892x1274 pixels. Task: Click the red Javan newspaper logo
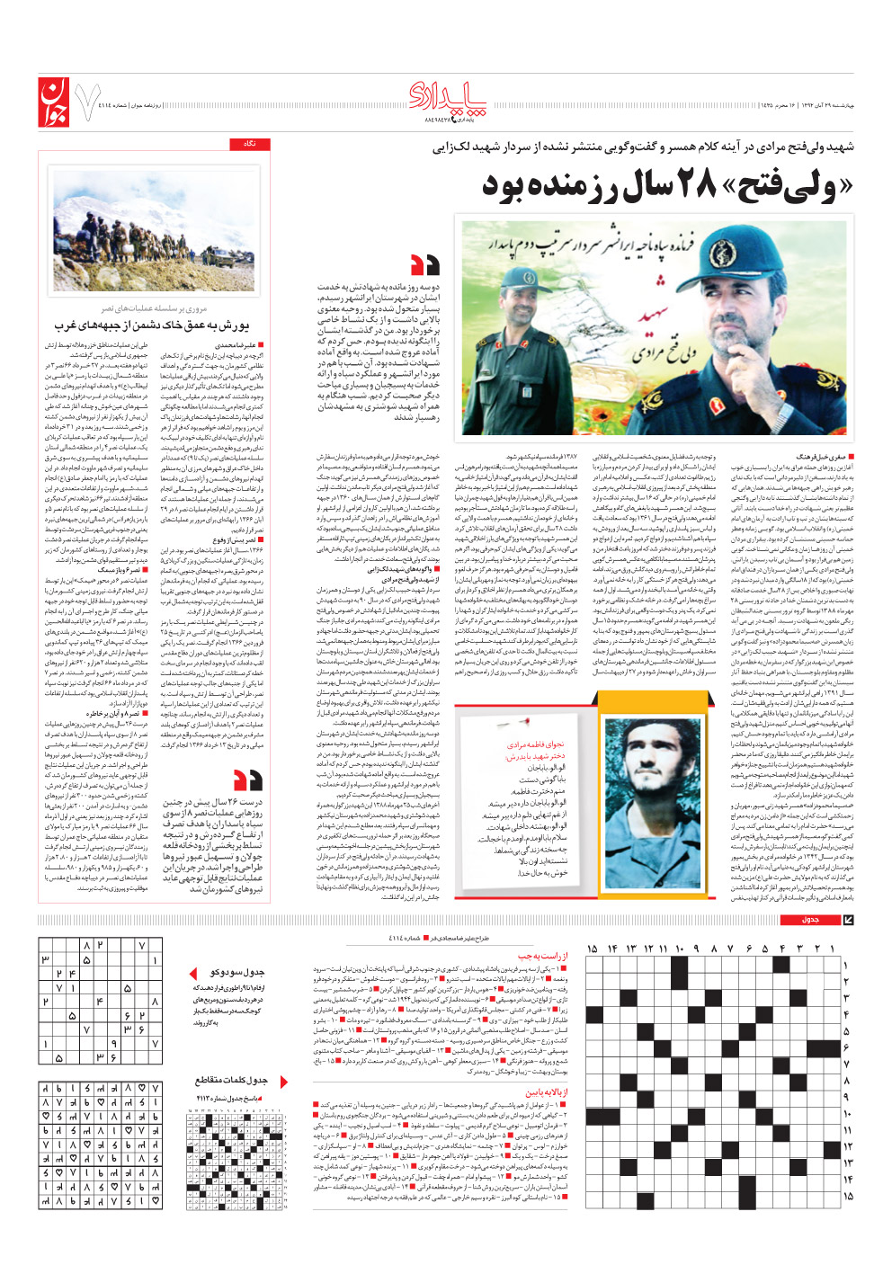pos(53,102)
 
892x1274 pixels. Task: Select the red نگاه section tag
pos(249,144)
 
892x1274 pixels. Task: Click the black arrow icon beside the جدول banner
pos(848,920)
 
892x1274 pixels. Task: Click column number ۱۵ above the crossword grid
pos(591,949)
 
